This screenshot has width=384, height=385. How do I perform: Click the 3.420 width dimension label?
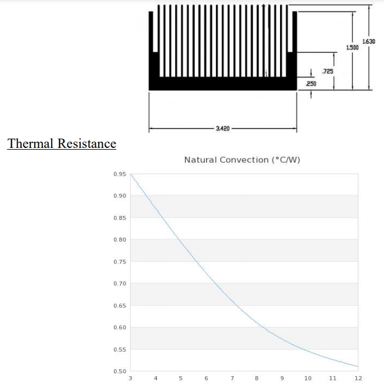coord(223,129)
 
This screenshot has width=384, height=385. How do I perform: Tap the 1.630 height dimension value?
coord(369,42)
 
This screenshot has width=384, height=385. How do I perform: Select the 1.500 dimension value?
coord(352,48)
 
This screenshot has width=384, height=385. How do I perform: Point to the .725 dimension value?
coord(328,72)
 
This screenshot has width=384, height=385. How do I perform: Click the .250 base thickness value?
coord(311,84)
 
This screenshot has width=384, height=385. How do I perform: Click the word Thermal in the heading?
coord(30,143)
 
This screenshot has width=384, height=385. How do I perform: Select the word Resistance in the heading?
coord(87,143)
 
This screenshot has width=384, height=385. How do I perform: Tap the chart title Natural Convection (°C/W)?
coord(242,160)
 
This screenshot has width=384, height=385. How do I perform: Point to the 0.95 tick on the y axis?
coord(120,174)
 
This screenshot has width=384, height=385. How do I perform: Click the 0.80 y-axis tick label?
coord(120,239)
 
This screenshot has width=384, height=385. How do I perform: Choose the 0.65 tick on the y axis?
coord(120,306)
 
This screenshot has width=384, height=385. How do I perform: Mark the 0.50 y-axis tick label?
coord(120,372)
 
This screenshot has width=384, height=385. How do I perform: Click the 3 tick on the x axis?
coord(130,379)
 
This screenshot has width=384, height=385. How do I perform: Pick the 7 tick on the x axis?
coord(232,379)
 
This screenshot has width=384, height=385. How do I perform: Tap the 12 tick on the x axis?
coord(358,379)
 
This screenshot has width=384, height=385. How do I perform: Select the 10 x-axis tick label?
coord(308,379)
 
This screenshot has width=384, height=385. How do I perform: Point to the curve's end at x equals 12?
coord(358,367)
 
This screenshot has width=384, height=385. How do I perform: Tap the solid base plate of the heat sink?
coord(223,83)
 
